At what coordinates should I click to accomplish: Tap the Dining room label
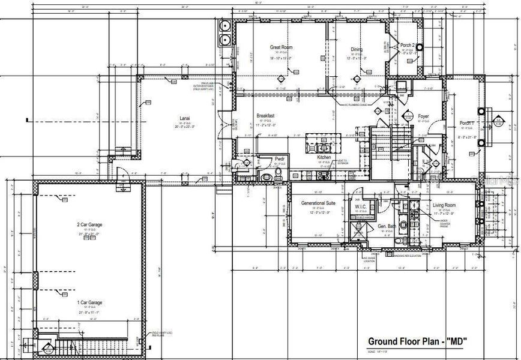pos(358,50)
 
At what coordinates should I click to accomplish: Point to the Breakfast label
pos(265,116)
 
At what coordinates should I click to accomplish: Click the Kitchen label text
pos(324,157)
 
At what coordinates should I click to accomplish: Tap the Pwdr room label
pos(280,159)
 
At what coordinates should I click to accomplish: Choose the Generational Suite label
pos(322,203)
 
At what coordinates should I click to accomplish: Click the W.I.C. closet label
pos(361,207)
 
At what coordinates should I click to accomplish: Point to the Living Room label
pos(444,205)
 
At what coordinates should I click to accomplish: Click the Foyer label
pos(423,116)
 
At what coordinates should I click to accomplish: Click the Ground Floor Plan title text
pos(418,341)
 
